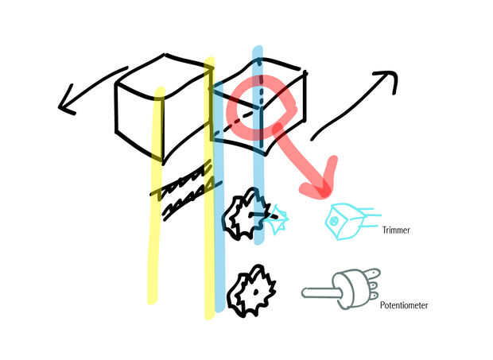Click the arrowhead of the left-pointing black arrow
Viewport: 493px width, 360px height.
[x=65, y=104]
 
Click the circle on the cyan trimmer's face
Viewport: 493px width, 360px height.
[x=335, y=219]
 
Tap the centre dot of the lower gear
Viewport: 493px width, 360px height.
[x=254, y=292]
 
